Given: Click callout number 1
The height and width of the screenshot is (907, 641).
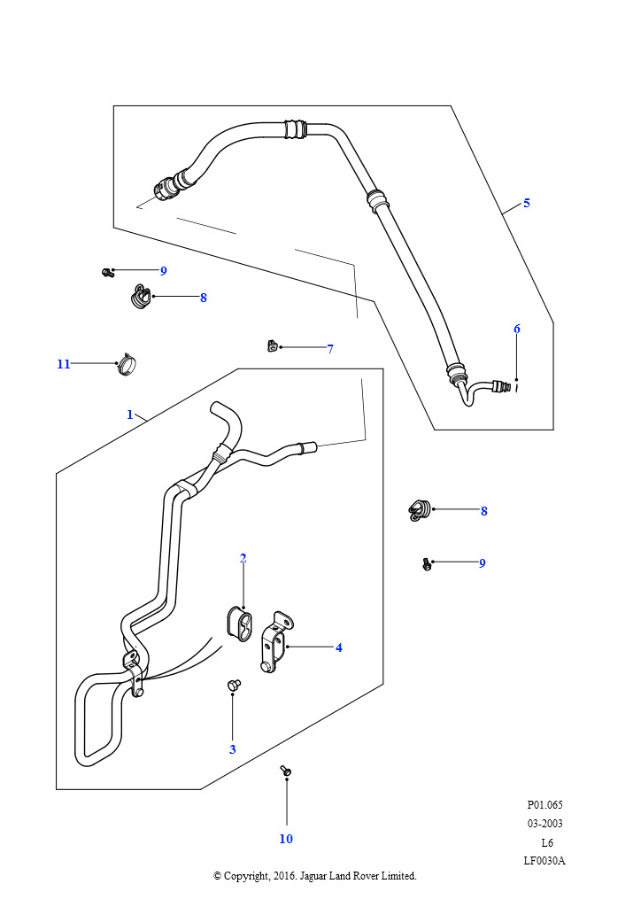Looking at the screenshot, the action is click(130, 415).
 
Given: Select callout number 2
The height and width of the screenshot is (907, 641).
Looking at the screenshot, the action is click(243, 558).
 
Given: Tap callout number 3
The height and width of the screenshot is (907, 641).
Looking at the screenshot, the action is click(232, 749).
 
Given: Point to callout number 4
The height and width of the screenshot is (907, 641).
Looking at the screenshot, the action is click(339, 647).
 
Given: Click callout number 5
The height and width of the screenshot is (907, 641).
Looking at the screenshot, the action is click(527, 203).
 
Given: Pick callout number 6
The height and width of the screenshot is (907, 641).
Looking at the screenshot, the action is click(517, 329).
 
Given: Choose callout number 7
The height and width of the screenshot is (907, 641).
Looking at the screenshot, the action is click(330, 349).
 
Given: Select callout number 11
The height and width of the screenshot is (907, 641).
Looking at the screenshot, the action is click(64, 364).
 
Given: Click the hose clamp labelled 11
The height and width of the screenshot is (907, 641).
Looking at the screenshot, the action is click(126, 365).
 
